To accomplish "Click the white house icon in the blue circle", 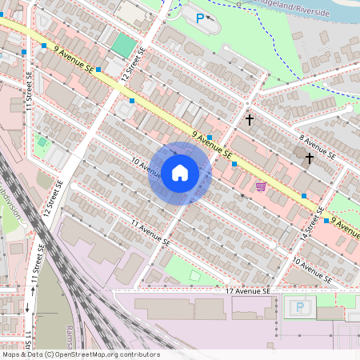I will (179, 173).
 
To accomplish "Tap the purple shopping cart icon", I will (261, 186).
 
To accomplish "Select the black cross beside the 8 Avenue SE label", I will (309, 158).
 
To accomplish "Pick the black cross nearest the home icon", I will (250, 120).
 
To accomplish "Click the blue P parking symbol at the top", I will (200, 16).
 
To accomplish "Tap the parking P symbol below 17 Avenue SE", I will (300, 306).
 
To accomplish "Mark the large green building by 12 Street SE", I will (122, 44).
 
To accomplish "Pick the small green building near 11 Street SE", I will (42, 142).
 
